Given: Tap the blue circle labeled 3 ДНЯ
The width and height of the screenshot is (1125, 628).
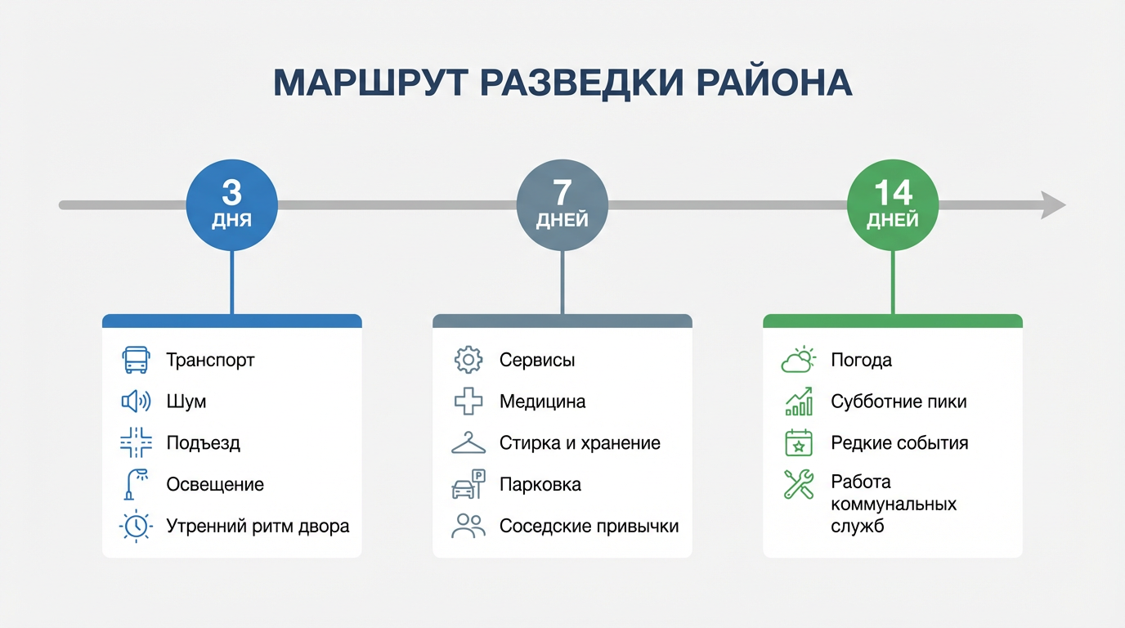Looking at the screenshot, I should click(x=232, y=204).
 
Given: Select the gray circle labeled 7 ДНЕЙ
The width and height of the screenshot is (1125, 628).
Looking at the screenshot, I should click(x=562, y=204).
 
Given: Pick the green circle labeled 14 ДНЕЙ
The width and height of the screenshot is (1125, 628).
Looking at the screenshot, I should click(x=893, y=204).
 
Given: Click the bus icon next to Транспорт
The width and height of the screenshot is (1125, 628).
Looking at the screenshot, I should click(x=136, y=360).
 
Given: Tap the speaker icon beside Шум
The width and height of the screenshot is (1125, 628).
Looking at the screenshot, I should click(x=136, y=401).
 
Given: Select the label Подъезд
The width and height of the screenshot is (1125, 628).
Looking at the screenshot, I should click(x=203, y=443).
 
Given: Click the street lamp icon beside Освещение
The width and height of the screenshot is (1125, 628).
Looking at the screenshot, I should click(x=134, y=484).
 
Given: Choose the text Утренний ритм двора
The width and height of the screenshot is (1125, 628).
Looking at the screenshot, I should click(x=258, y=526).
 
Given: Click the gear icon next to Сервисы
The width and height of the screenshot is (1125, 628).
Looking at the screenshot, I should click(x=468, y=360).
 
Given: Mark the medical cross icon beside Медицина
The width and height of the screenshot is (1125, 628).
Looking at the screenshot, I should click(x=468, y=401).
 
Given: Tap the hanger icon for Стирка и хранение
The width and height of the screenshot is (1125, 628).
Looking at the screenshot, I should click(x=468, y=443).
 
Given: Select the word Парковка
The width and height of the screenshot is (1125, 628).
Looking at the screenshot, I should click(x=540, y=484).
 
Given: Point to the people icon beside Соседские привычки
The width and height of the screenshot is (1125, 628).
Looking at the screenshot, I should click(x=468, y=526).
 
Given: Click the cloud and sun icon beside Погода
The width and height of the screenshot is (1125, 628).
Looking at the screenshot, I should click(x=798, y=360).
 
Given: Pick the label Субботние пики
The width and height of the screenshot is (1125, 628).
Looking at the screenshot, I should click(x=899, y=401).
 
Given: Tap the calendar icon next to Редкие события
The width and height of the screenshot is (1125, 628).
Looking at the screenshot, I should click(x=798, y=443).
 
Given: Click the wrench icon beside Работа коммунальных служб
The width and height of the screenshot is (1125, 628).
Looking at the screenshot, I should click(x=798, y=484).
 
